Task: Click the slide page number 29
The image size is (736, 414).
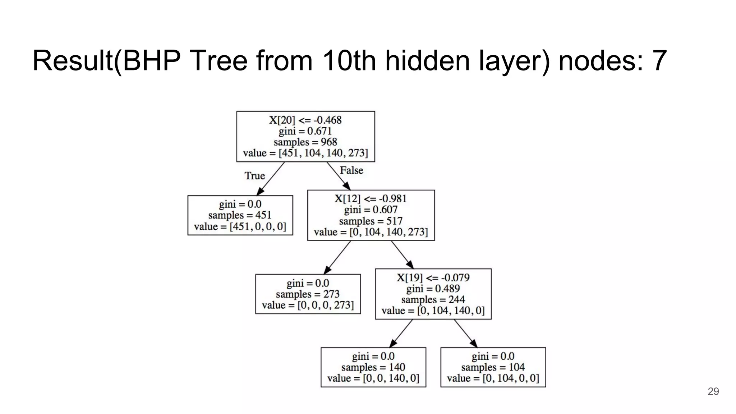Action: click(713, 391)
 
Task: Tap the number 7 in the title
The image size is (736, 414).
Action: click(658, 61)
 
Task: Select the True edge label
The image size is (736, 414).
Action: click(255, 176)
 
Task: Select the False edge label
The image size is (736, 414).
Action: click(351, 170)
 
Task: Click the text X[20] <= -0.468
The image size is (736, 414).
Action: click(305, 120)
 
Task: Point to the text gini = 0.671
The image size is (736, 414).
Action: click(305, 131)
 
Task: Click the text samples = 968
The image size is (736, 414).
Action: click(305, 142)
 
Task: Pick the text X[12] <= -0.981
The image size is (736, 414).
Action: click(371, 199)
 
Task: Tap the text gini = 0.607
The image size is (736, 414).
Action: click(371, 210)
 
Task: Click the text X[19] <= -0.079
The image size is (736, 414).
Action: click(433, 277)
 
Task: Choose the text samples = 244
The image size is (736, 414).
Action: click(433, 299)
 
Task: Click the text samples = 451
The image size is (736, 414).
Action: click(240, 215)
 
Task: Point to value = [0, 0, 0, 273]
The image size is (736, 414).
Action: click(308, 305)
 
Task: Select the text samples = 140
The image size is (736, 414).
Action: click(373, 367)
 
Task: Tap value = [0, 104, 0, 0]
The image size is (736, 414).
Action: click(493, 378)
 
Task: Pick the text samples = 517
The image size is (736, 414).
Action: click(371, 221)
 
